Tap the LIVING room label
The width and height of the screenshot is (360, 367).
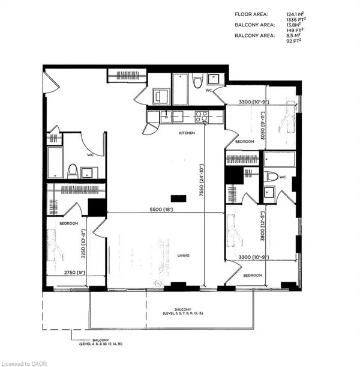[x=183, y=255]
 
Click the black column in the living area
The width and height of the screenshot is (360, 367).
[x=178, y=198]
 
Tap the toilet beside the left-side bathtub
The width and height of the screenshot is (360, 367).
[x=72, y=171]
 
